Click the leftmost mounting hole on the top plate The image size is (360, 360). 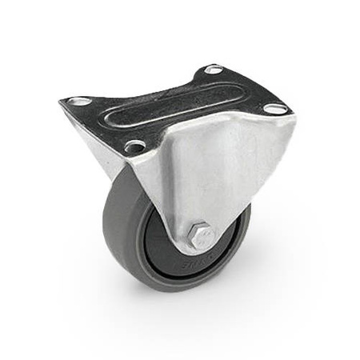(80, 102)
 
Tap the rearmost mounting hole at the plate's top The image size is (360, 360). (214, 70)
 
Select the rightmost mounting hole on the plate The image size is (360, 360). (274, 107)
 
